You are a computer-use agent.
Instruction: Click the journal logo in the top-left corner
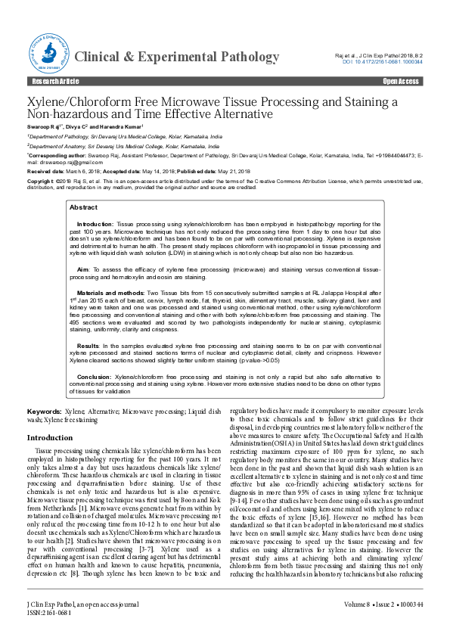[x=48, y=51]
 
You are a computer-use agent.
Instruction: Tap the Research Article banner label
[x=53, y=81]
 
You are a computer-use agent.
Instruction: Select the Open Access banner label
[x=402, y=81]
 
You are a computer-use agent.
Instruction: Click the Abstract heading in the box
[x=83, y=207]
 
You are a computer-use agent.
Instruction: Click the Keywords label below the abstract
[x=44, y=409]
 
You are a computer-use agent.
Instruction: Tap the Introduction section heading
[x=50, y=438]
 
